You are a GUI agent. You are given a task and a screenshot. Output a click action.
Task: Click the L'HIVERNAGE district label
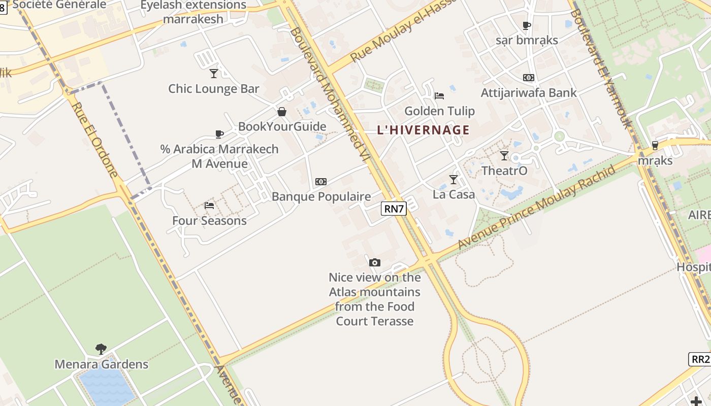[423, 130]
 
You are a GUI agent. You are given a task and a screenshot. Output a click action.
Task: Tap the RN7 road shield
[394, 209]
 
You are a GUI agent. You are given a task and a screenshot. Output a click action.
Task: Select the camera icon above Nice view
[375, 262]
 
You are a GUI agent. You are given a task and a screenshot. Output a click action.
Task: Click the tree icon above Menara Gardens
[101, 349]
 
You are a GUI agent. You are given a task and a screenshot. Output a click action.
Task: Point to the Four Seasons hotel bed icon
[209, 206]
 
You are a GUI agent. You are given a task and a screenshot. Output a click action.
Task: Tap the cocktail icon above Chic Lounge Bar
[214, 74]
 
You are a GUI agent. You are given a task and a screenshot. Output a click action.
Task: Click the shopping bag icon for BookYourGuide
[282, 112]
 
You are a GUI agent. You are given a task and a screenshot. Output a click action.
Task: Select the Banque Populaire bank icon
[321, 182]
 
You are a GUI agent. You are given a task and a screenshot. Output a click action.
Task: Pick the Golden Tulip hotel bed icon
[440, 96]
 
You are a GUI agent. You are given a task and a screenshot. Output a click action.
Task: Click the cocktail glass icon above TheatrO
[504, 156]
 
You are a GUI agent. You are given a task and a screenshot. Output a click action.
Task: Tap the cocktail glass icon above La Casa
[454, 180]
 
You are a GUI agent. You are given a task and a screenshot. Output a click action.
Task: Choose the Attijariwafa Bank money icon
[529, 78]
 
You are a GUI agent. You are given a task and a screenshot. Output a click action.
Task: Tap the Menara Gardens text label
[102, 364]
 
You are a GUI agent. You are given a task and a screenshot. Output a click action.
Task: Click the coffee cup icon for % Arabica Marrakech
[219, 134]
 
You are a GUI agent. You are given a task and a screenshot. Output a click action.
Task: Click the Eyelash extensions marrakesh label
[193, 12]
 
